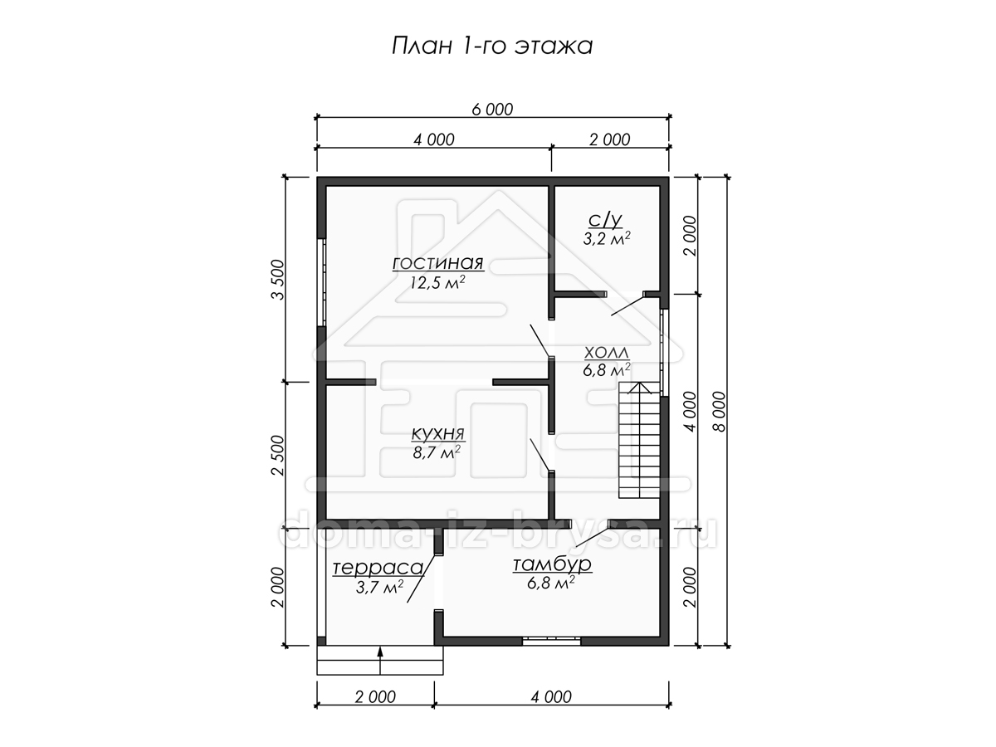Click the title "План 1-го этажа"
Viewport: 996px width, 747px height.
pos(492,46)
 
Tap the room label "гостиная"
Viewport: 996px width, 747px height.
pos(438,263)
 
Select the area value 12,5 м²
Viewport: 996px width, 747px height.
pos(438,282)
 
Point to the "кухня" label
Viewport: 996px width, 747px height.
pos(438,433)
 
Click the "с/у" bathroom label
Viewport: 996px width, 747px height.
pos(605,220)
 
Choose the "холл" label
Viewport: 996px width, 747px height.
pos(606,352)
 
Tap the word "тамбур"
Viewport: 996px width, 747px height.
pos(552,564)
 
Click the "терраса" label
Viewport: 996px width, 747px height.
pos(378,568)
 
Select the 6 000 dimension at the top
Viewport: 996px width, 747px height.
pos(492,110)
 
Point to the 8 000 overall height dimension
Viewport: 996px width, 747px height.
pos(720,412)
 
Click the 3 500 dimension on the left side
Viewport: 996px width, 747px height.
pos(278,280)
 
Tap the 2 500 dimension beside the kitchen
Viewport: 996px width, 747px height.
pos(278,456)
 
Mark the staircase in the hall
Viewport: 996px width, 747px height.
pos(639,440)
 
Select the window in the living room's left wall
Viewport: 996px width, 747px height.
pos(323,282)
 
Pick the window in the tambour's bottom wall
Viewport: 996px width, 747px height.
pos(551,641)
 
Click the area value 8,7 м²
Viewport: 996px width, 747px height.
pos(437,452)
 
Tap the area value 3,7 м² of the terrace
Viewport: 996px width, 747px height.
pos(379,587)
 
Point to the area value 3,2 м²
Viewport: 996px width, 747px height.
pos(607,238)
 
